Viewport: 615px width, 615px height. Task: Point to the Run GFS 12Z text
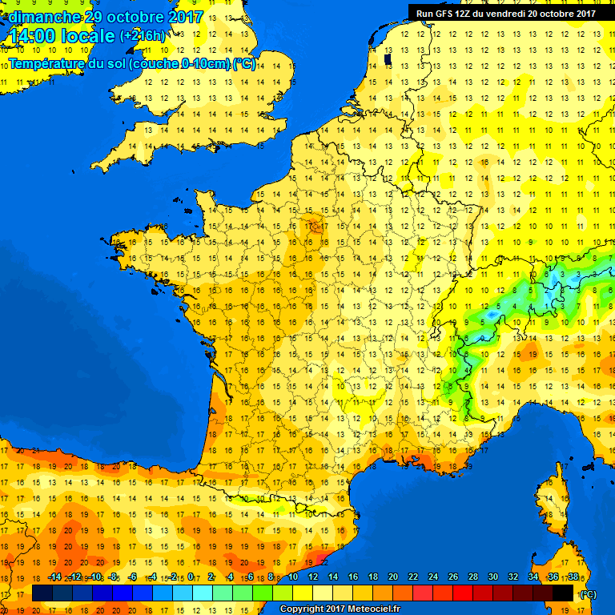coord(444,13)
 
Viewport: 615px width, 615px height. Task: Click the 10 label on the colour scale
coord(293,577)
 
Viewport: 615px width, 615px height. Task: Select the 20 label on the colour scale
coord(393,577)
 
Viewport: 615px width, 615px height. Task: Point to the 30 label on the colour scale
coord(492,577)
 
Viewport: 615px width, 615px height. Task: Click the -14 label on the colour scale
coord(54,577)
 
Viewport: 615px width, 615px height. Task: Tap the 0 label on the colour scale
coord(193,577)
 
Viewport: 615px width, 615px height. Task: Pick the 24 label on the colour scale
coord(433,577)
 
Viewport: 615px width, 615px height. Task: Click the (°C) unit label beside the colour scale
coord(587,594)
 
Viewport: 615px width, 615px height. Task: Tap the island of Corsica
coord(551,504)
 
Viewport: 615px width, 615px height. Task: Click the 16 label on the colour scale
coord(353,577)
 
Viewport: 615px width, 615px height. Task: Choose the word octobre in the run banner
coord(557,13)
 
